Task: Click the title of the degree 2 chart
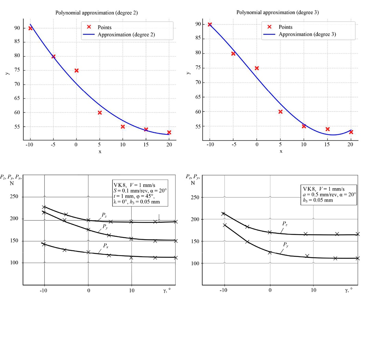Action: point(97,13)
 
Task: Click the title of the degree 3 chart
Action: point(278,12)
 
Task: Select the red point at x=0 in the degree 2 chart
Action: point(77,70)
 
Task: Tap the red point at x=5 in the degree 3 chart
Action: point(280,112)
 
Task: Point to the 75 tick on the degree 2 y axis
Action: point(16,70)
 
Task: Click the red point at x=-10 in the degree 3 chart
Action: point(210,24)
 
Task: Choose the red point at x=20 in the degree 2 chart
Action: point(169,132)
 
